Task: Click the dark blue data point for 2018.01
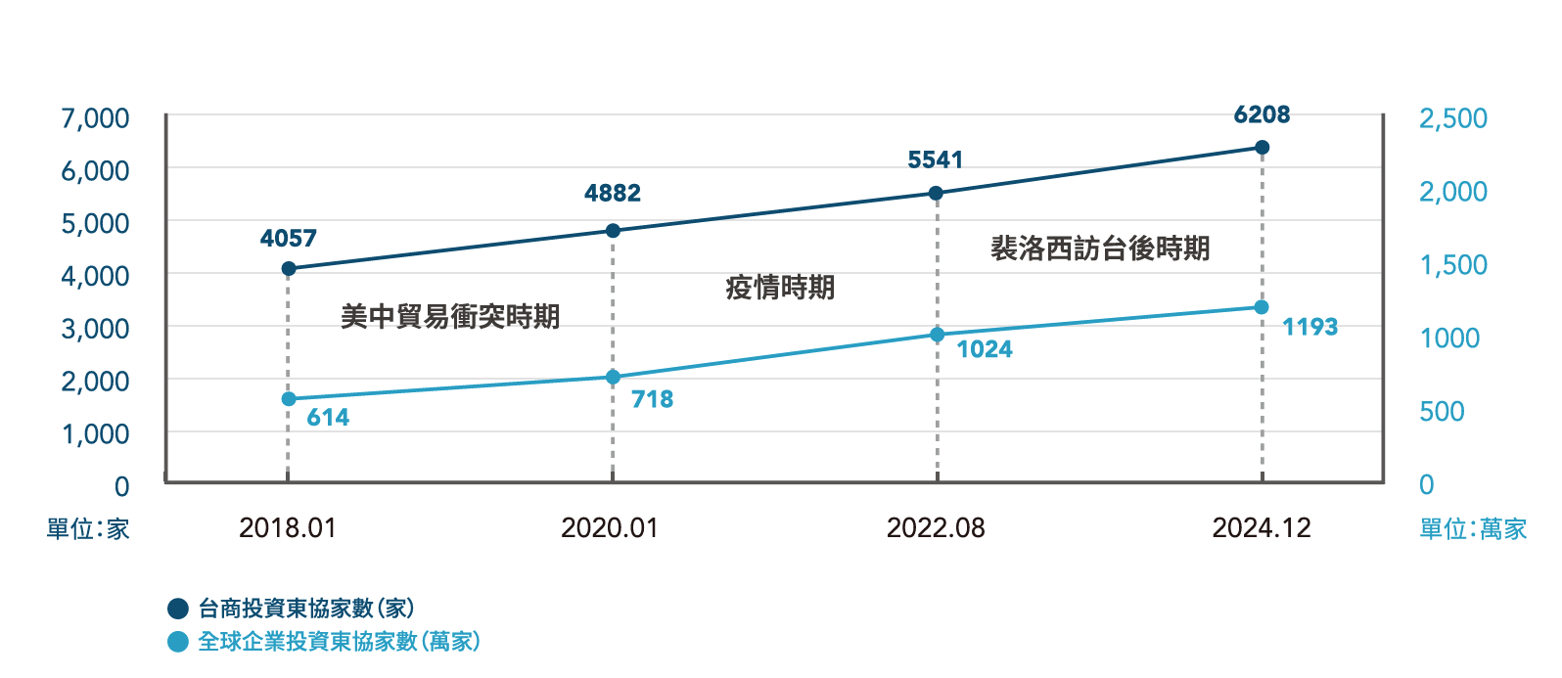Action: tap(289, 268)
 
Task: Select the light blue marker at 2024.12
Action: tap(1262, 307)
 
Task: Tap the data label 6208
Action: tap(1262, 115)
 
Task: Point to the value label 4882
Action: tap(613, 194)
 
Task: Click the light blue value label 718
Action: tap(652, 399)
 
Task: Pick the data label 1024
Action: tap(985, 349)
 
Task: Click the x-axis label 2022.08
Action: tap(936, 528)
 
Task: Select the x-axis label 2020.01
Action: tap(610, 528)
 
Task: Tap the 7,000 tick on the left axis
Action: tap(95, 118)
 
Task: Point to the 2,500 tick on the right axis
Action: tap(1453, 118)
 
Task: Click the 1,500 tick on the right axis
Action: tap(1453, 265)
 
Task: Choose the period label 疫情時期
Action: tap(780, 288)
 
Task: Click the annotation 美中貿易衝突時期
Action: tap(450, 316)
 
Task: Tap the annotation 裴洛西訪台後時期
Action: tap(1100, 249)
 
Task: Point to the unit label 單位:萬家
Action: tap(1473, 529)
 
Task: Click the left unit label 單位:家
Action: tap(88, 529)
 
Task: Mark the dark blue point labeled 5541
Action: tap(936, 193)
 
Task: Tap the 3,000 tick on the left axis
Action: tap(95, 329)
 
